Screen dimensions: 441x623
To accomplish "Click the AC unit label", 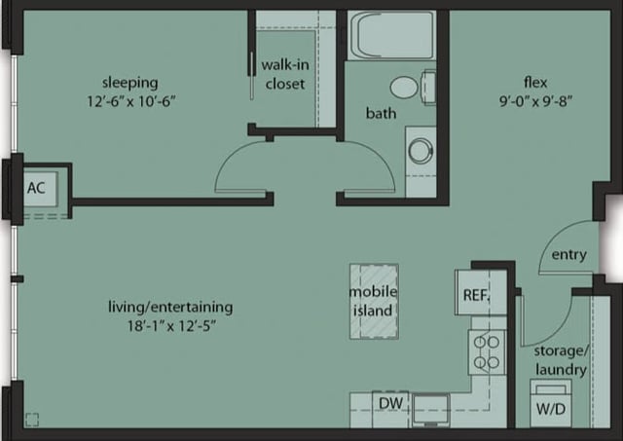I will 37,187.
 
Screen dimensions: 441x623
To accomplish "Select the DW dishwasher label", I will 390,403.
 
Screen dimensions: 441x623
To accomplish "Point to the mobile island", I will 373,301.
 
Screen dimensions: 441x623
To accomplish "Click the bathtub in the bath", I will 391,36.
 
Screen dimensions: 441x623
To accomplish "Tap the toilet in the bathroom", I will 410,87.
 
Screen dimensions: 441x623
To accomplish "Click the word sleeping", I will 130,82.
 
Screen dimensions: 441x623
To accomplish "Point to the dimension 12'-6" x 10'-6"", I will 130,100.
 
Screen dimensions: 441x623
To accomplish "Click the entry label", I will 568,255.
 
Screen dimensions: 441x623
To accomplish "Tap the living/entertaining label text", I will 170,307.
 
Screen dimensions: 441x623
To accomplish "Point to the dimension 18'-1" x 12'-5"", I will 170,326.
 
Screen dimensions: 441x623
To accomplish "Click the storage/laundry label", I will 560,360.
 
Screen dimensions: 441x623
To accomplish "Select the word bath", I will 381,114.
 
